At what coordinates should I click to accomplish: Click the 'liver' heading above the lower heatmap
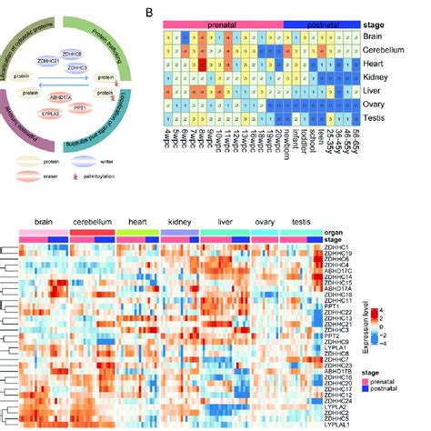[224, 221]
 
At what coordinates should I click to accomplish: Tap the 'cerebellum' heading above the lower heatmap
[94, 221]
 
